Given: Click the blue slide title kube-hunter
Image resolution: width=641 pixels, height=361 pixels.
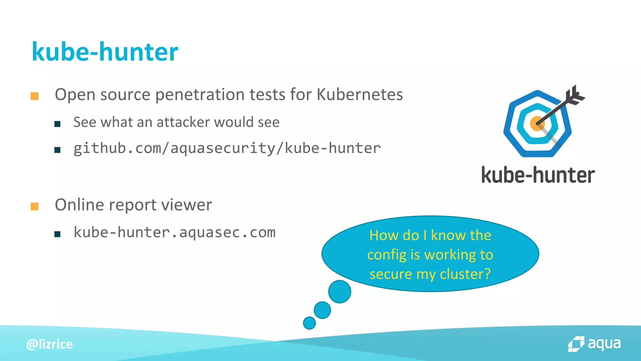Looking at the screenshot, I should click(x=105, y=52).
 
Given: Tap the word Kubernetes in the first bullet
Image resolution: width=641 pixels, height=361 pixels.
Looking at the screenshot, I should click(x=360, y=94).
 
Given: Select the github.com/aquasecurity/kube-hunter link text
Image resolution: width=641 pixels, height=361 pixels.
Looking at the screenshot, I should click(x=227, y=148).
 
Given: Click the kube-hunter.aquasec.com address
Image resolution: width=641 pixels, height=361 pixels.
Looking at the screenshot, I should click(x=174, y=233).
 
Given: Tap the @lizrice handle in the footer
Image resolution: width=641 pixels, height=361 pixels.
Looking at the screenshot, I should click(x=49, y=344).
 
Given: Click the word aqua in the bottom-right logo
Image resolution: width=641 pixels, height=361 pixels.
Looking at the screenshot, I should click(x=604, y=343).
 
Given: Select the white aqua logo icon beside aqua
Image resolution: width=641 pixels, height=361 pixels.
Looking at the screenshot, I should click(x=576, y=344).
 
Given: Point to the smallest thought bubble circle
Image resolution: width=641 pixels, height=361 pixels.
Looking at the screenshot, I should click(x=309, y=323).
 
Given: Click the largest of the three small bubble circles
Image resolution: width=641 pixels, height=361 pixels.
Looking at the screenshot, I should click(x=340, y=291).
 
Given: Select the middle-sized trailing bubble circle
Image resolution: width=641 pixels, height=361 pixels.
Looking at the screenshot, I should click(x=322, y=310).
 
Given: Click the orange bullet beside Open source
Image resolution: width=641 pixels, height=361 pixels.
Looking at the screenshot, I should click(x=34, y=96).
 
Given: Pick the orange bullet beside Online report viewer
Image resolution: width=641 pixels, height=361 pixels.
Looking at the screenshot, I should click(x=34, y=206).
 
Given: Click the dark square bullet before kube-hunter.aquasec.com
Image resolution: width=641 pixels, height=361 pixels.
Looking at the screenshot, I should click(x=57, y=234).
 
